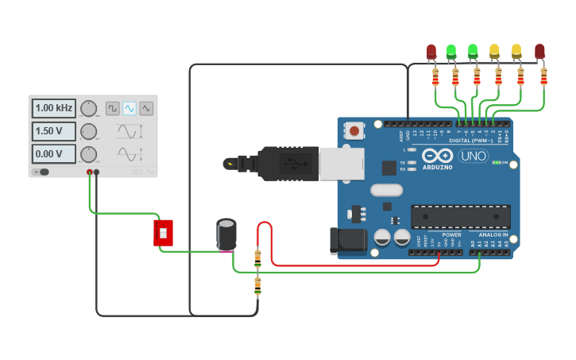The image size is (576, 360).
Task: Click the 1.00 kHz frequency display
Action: point(54,108)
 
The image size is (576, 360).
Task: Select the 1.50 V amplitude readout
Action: point(54,131)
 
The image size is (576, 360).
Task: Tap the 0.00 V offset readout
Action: point(54,153)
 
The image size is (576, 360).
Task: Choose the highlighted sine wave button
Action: point(130,108)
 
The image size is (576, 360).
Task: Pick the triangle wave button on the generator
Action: point(146,108)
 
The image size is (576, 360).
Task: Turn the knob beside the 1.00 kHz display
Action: point(89,108)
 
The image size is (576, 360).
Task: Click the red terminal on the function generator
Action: point(90,172)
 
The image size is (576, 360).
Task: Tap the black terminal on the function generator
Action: point(97,172)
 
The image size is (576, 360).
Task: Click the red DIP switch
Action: point(163,233)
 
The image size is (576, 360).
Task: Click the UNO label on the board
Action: point(473,156)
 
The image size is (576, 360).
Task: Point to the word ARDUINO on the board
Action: point(437,168)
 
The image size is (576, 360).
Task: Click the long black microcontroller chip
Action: point(460,216)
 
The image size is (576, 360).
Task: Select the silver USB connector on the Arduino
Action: point(341,163)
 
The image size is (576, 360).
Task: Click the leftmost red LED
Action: point(431,52)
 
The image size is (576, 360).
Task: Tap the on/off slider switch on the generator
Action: point(43,172)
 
